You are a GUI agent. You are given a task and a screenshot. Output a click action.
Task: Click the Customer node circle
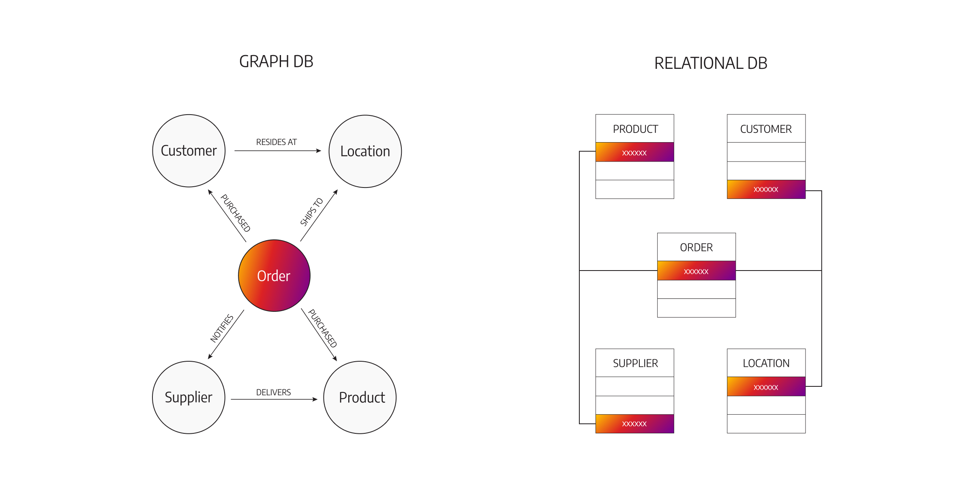click(x=189, y=151)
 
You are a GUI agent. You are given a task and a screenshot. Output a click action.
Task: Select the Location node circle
click(x=365, y=151)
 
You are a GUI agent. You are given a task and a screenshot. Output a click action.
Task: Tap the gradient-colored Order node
click(x=274, y=275)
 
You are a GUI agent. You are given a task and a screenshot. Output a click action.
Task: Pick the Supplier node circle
click(x=189, y=397)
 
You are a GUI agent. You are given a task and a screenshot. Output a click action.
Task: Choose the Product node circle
click(x=360, y=397)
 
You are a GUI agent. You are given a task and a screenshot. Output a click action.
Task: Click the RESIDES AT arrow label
click(x=276, y=142)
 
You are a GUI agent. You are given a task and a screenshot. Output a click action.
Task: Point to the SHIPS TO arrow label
click(x=311, y=212)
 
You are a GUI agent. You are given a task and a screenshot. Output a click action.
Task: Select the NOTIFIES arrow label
click(x=222, y=328)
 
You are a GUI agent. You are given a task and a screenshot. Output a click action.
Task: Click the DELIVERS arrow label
click(x=273, y=392)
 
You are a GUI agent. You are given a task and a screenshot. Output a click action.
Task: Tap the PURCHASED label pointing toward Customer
click(x=236, y=213)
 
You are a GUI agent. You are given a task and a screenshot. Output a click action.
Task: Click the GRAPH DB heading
click(x=276, y=62)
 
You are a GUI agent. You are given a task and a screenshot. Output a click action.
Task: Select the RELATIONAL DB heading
click(x=711, y=63)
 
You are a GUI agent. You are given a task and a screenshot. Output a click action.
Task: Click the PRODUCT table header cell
click(x=635, y=129)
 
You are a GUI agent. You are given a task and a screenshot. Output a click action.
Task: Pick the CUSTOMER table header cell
click(x=766, y=129)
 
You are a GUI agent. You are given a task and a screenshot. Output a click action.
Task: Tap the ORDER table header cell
click(x=696, y=247)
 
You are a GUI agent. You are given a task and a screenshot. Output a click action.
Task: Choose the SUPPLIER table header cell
click(x=635, y=363)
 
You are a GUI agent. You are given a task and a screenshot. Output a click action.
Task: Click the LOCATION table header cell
click(x=766, y=363)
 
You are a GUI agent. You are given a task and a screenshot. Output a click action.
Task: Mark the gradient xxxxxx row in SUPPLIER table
click(x=635, y=424)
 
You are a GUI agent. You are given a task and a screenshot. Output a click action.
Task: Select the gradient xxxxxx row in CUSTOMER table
click(x=766, y=189)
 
